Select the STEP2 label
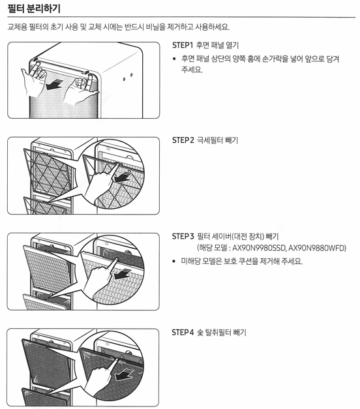point(183,140)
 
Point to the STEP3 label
point(183,235)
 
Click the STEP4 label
point(183,333)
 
